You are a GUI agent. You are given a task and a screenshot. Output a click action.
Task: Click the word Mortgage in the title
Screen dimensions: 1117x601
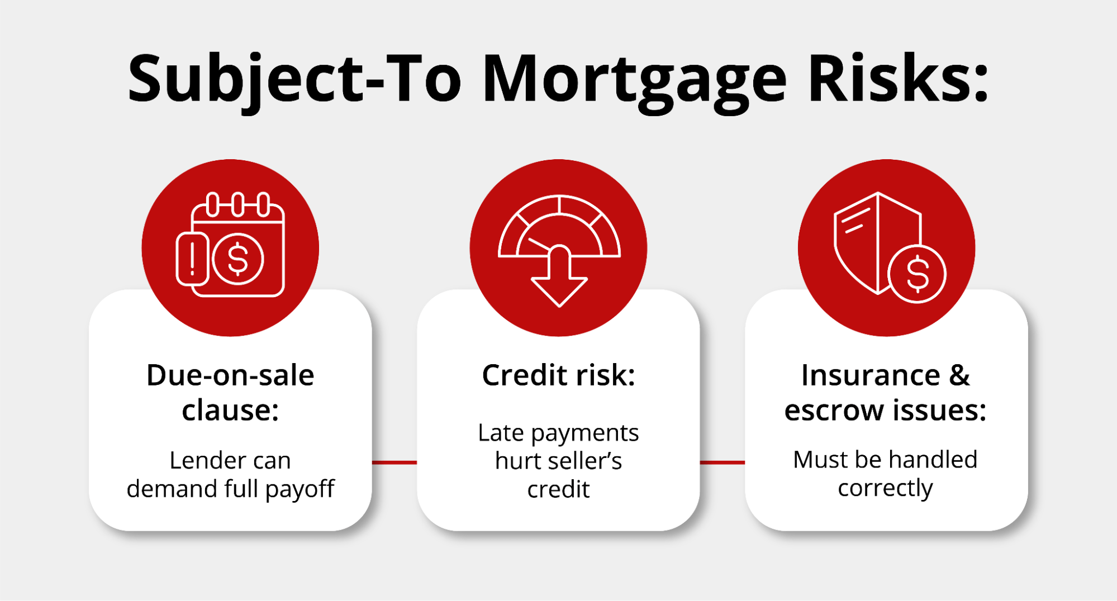[x=635, y=81]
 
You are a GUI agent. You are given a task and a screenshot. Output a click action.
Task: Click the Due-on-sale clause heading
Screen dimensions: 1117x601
[x=230, y=392]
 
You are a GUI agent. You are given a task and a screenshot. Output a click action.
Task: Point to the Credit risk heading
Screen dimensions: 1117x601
[x=558, y=375]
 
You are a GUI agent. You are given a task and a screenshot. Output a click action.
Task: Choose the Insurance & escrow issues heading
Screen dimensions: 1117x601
[x=886, y=392]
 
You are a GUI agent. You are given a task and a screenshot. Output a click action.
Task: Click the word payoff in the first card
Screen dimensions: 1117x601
[x=300, y=490]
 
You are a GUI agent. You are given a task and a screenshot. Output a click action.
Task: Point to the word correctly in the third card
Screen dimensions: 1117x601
[x=885, y=489]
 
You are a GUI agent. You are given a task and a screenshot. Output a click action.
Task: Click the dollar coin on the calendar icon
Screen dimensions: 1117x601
[x=238, y=259]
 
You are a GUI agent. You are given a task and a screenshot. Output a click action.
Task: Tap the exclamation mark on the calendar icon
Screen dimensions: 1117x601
[x=193, y=259]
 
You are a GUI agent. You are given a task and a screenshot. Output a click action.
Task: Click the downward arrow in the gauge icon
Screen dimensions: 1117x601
[x=559, y=276]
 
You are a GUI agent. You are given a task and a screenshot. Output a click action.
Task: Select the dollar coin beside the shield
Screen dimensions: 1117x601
[x=917, y=274]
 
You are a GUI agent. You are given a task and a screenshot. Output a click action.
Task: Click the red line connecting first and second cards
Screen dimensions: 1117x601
[x=394, y=462]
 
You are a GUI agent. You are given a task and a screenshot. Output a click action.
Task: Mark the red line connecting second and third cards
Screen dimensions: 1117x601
[x=723, y=462]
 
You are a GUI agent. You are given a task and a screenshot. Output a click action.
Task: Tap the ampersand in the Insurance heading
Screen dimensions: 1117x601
[x=959, y=375]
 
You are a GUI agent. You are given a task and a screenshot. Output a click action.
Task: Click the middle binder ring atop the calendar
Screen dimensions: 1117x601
[x=238, y=204]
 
